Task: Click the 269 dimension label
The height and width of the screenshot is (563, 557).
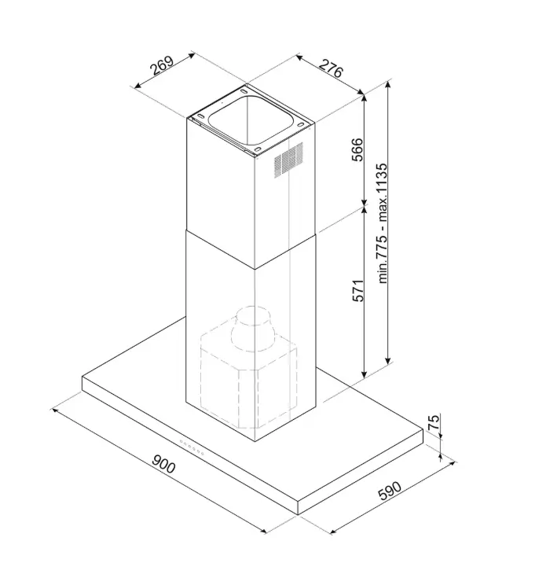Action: click(x=162, y=66)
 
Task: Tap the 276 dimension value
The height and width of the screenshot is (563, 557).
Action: click(x=331, y=68)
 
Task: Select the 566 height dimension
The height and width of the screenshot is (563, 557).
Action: click(x=357, y=149)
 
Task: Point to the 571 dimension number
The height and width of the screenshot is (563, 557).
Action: click(x=357, y=290)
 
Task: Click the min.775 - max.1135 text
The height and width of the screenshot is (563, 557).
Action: click(x=383, y=223)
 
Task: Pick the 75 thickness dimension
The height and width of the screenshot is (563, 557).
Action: click(x=433, y=422)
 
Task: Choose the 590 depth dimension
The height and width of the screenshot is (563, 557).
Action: click(x=390, y=491)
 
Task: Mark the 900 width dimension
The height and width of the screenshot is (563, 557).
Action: click(x=163, y=464)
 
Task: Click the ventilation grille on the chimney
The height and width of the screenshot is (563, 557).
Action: click(x=288, y=160)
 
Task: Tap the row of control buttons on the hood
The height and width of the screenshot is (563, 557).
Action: click(x=192, y=447)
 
